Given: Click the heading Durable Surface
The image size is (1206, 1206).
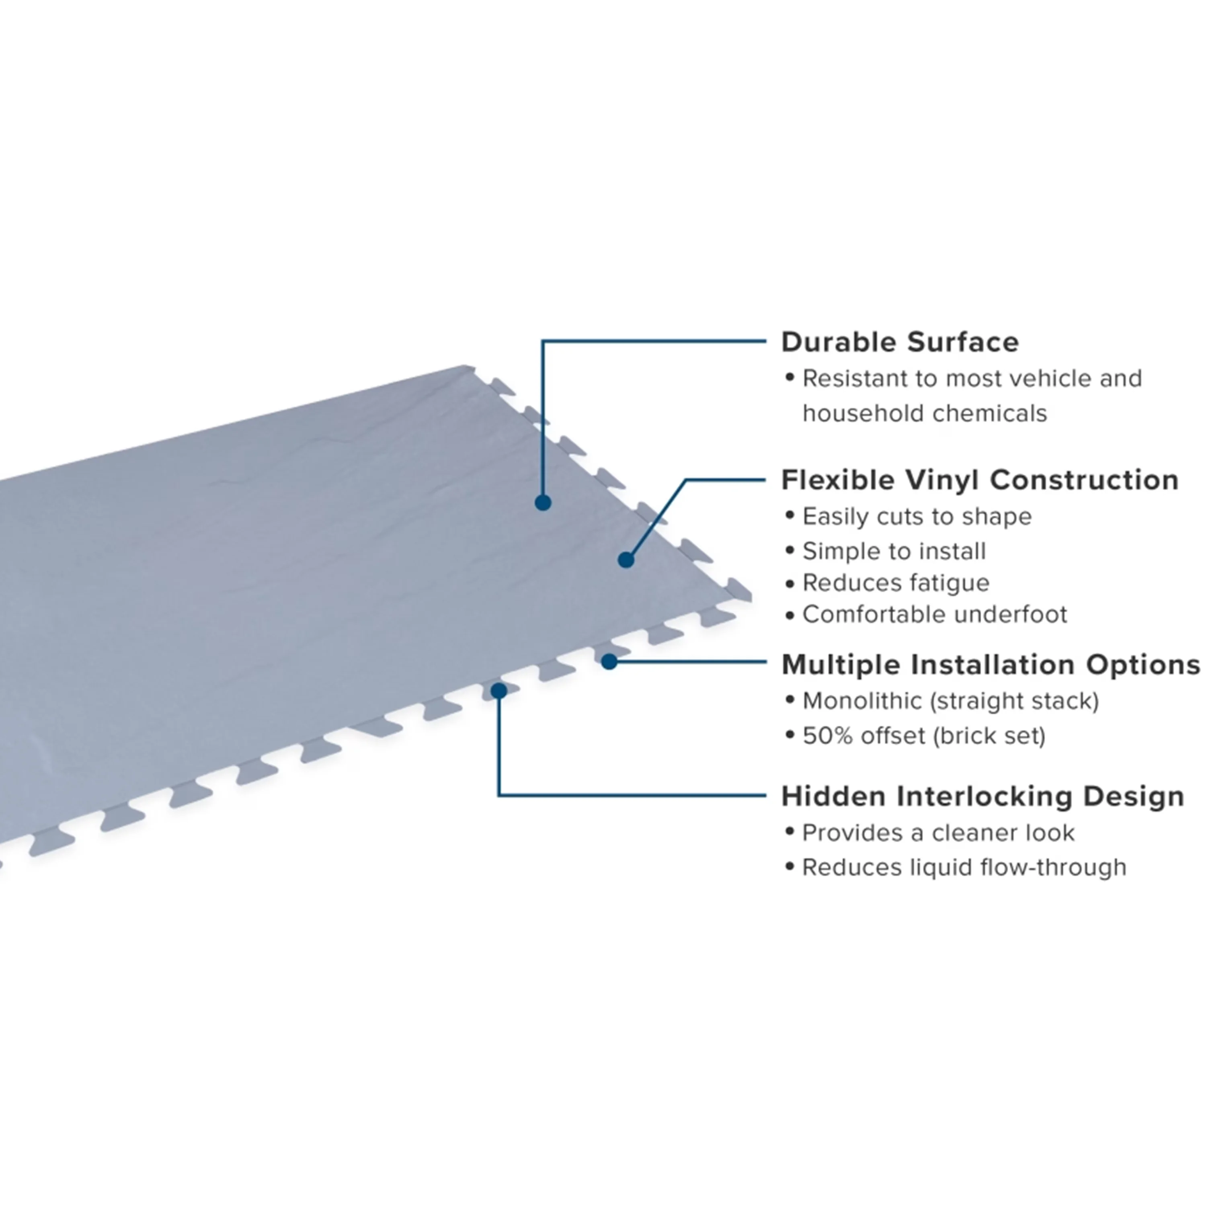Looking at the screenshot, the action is [x=900, y=342].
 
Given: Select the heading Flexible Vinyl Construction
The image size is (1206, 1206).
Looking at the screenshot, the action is [x=980, y=480].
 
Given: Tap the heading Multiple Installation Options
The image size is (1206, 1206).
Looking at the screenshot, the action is [x=991, y=665].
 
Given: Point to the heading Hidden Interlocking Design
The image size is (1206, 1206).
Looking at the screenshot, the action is [x=982, y=796].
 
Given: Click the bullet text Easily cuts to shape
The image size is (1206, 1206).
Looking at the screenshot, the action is [x=917, y=517].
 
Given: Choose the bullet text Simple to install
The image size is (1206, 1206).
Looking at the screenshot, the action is [x=894, y=551].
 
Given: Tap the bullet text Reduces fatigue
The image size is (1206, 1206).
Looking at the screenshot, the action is [x=896, y=583].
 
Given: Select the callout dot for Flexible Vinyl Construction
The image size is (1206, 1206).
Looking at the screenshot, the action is [x=626, y=560].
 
